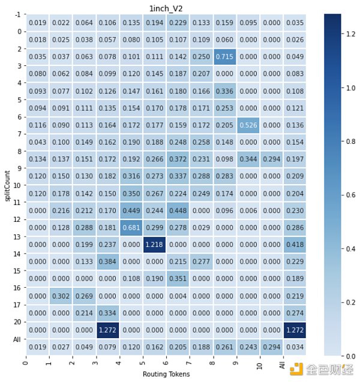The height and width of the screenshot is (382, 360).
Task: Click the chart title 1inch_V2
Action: [166, 7]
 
